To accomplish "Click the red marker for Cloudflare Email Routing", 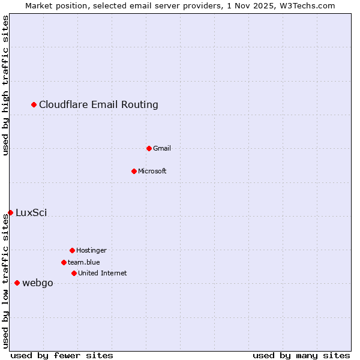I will point(34,105).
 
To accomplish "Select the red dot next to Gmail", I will point(149,148).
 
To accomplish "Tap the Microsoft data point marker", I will point(134,171).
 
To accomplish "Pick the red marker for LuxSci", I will point(11,212).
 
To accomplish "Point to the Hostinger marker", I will point(72,250).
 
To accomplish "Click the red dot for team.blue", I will point(64,262).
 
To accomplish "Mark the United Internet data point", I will point(74,273).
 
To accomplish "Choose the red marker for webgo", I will point(17,283).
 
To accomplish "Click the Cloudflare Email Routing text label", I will point(98,105).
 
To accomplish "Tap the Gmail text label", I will point(162,148).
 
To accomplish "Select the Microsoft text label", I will point(152,171).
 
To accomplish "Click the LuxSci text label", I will point(31,212).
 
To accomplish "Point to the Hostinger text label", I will point(91,250).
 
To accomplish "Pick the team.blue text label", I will point(83,262).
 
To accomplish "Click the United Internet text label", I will point(102,273).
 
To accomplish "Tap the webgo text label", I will point(37,283).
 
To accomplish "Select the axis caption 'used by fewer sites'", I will point(62,355).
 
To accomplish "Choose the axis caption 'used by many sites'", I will point(301,355).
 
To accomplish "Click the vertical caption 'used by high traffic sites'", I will point(6,85).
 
